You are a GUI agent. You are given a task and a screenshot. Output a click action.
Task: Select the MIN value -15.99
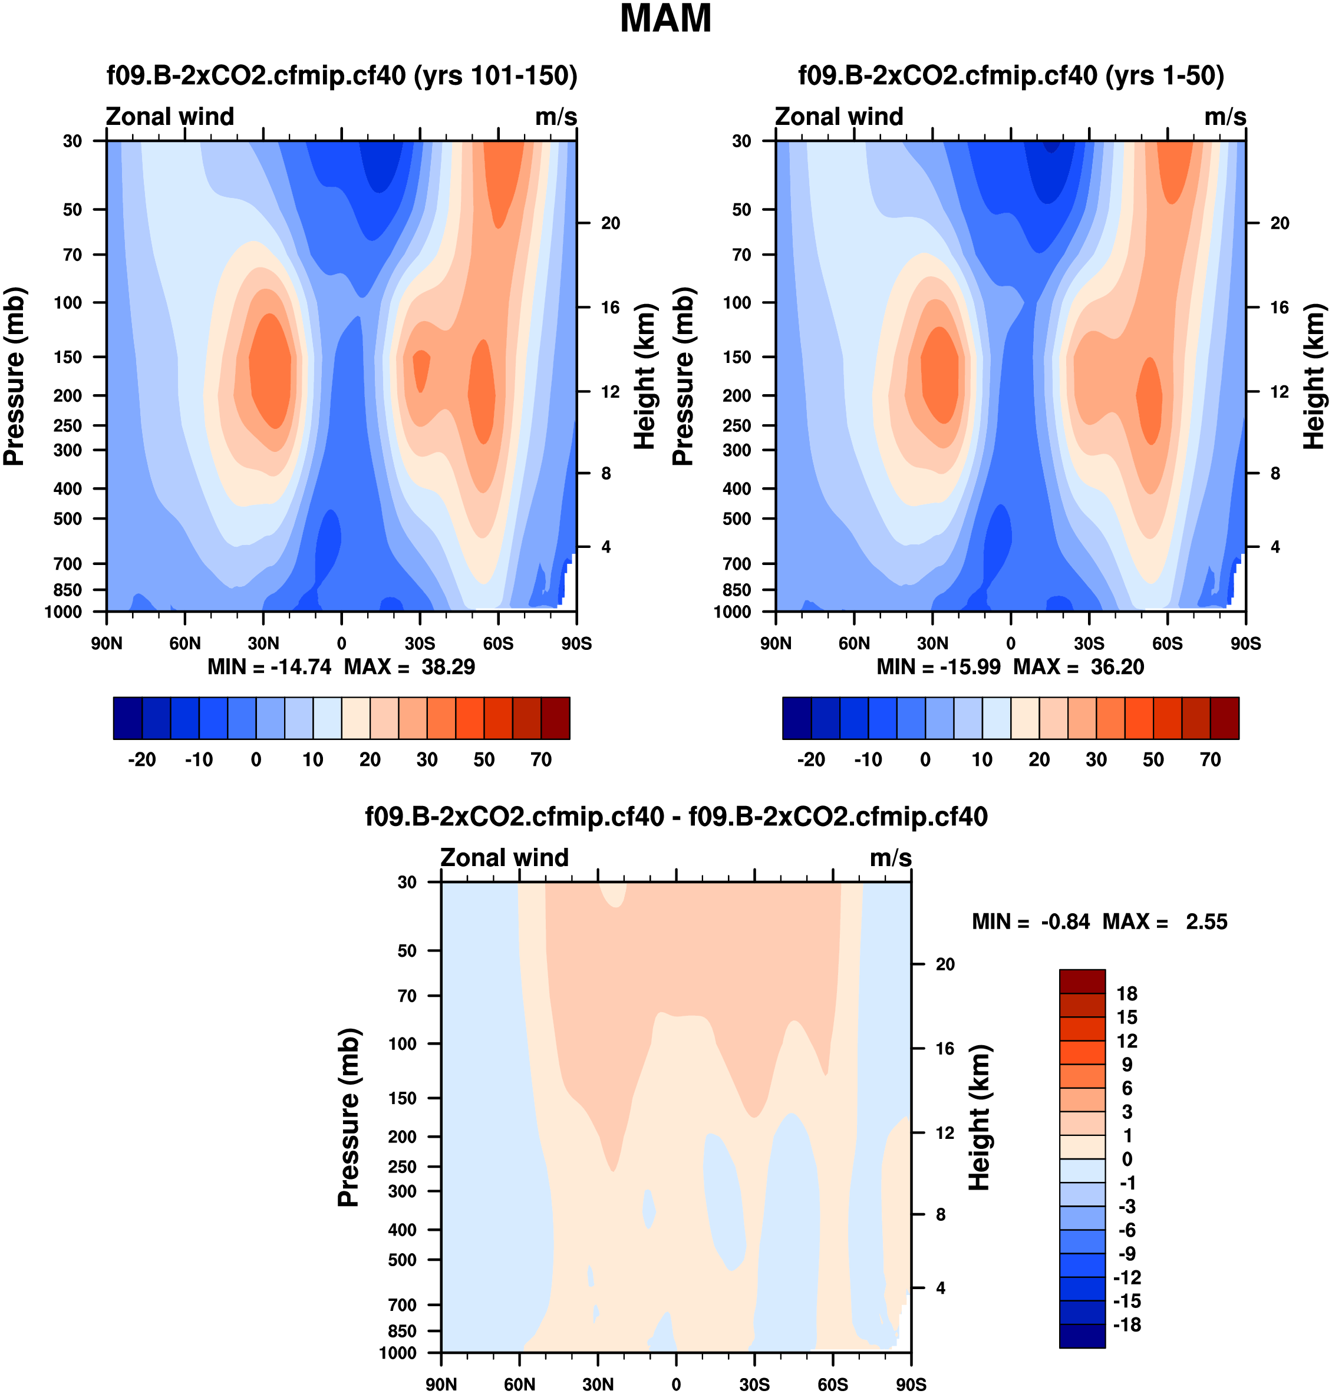tap(970, 667)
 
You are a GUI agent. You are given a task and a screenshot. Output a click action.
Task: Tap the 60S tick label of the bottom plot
tap(832, 1384)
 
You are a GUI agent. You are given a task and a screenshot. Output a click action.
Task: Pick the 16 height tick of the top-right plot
tap(1280, 308)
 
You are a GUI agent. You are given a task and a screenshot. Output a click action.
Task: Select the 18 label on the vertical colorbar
tap(1127, 994)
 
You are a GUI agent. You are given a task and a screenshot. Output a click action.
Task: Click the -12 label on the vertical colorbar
tap(1127, 1277)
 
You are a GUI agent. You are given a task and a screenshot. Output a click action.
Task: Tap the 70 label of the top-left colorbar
tap(541, 759)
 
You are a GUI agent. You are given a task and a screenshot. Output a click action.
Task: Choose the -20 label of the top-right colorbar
tap(811, 759)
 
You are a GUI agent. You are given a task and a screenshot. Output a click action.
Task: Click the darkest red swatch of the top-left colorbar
tap(555, 718)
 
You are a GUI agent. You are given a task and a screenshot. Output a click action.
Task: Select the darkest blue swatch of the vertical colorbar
tap(1082, 1336)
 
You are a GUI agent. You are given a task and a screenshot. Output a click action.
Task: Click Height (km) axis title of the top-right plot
tap(1314, 377)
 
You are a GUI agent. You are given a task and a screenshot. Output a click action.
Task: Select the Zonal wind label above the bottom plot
tap(504, 857)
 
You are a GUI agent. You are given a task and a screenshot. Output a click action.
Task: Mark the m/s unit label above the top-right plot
tap(1225, 117)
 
